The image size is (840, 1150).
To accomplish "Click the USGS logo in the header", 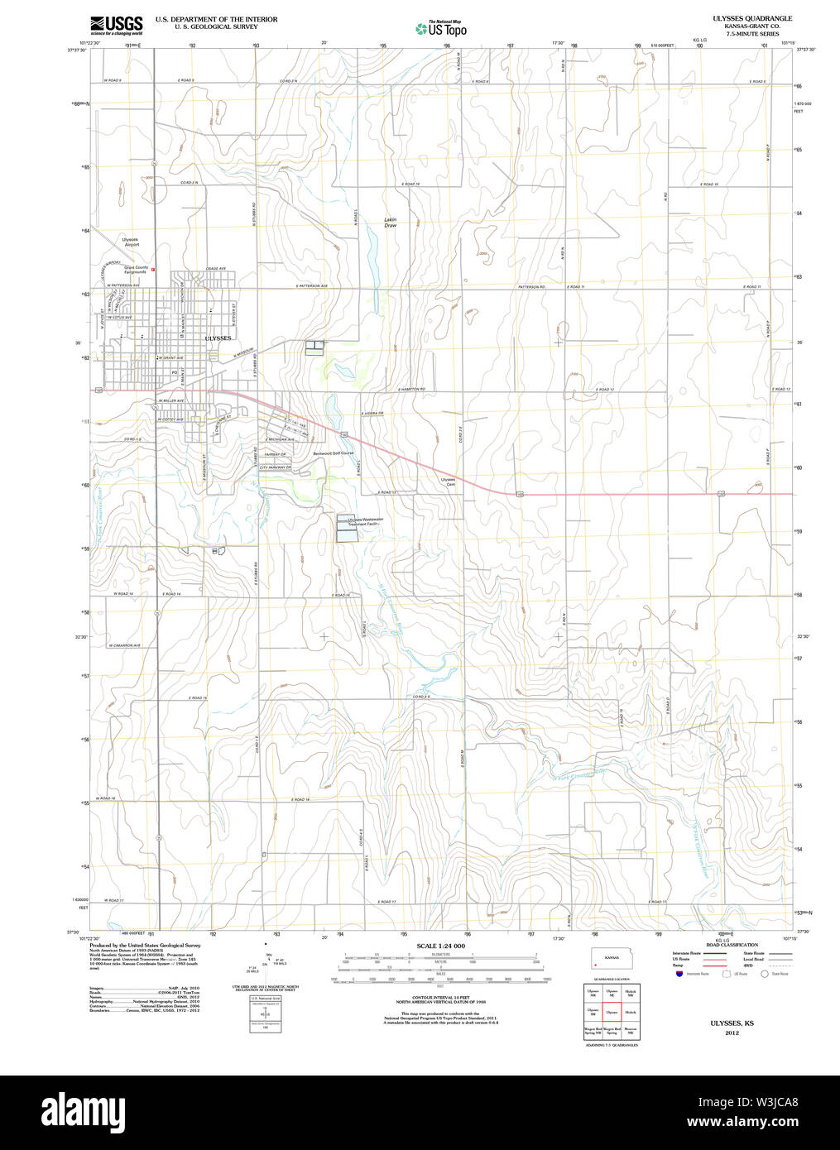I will pyautogui.click(x=116, y=24).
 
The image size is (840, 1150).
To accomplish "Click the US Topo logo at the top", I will pyautogui.click(x=442, y=28).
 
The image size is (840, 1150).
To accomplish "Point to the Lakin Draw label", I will pyautogui.click(x=390, y=223).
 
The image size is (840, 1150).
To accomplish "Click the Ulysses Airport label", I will pyautogui.click(x=131, y=242).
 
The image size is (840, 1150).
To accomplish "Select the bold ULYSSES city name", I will pyautogui.click(x=218, y=338).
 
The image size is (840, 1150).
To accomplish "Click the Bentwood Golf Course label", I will pyautogui.click(x=333, y=453).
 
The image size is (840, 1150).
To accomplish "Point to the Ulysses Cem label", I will pyautogui.click(x=448, y=482).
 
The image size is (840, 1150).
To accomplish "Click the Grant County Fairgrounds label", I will pyautogui.click(x=135, y=270).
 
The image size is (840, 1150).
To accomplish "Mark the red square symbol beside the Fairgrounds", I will pyautogui.click(x=153, y=269).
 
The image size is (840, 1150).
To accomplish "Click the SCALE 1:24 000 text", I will pyautogui.click(x=440, y=946).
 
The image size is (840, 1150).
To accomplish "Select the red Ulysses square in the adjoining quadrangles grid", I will pyautogui.click(x=612, y=1012).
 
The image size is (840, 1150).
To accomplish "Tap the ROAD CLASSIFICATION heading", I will pyautogui.click(x=732, y=945).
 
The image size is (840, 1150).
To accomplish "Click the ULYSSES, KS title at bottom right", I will pyautogui.click(x=732, y=1023).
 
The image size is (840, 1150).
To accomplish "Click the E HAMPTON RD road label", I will pyautogui.click(x=411, y=389).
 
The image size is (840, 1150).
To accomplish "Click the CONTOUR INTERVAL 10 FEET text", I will pyautogui.click(x=440, y=999).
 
